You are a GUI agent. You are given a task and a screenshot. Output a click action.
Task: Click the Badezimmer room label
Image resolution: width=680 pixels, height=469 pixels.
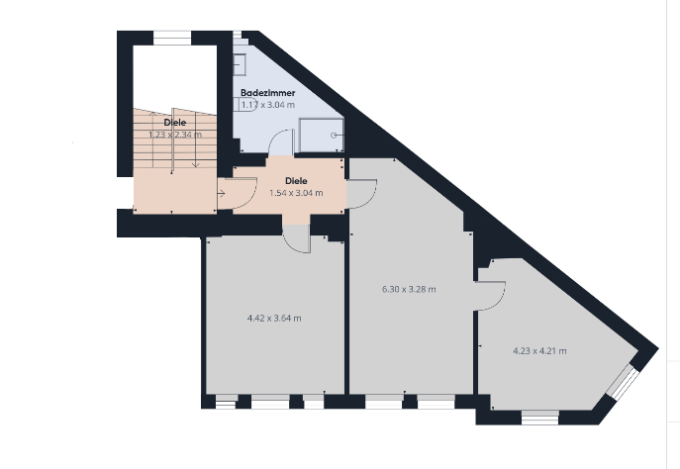(267, 92)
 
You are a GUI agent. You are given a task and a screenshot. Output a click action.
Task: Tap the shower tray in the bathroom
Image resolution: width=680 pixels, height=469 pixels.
(322, 131)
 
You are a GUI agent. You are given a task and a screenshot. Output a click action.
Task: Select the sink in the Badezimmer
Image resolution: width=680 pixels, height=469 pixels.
(241, 64)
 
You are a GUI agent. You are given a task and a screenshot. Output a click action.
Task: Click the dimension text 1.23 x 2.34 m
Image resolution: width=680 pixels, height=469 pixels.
(174, 135)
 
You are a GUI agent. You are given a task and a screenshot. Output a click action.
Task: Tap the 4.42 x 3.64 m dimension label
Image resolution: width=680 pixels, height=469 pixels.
(273, 319)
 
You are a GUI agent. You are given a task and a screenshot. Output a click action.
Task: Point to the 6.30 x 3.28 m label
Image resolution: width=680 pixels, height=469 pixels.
(409, 290)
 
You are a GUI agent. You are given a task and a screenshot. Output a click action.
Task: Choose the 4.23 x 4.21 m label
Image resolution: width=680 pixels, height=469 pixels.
(538, 350)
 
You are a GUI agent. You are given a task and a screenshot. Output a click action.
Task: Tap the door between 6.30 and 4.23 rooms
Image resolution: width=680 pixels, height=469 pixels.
(490, 295)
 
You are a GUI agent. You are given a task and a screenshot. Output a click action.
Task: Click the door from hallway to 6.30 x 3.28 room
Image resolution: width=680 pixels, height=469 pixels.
(360, 193)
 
